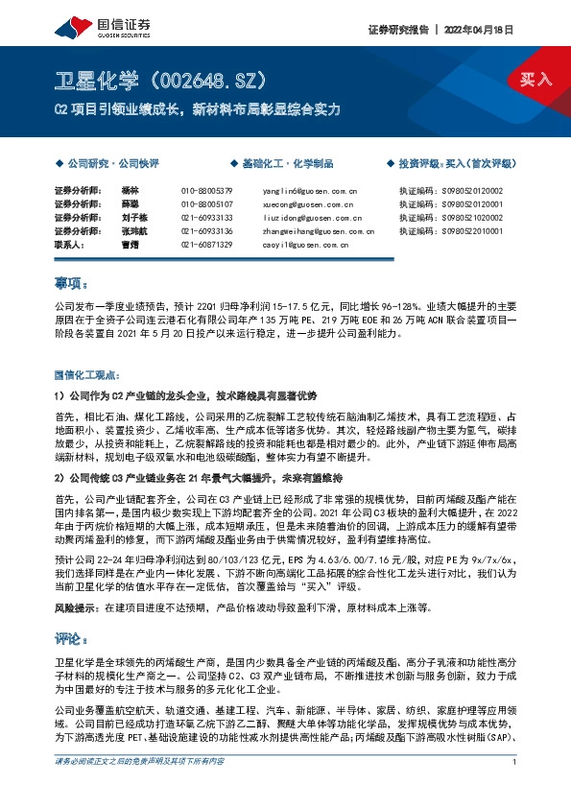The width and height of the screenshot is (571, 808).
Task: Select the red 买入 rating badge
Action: click(536, 80)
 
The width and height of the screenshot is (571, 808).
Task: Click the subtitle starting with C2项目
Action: click(196, 109)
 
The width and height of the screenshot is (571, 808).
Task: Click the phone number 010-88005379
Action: click(206, 191)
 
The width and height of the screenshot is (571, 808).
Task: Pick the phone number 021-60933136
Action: click(206, 231)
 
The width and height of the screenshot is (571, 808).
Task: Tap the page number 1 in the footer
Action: click(515, 790)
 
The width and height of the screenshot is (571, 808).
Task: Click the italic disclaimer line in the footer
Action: click(139, 790)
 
